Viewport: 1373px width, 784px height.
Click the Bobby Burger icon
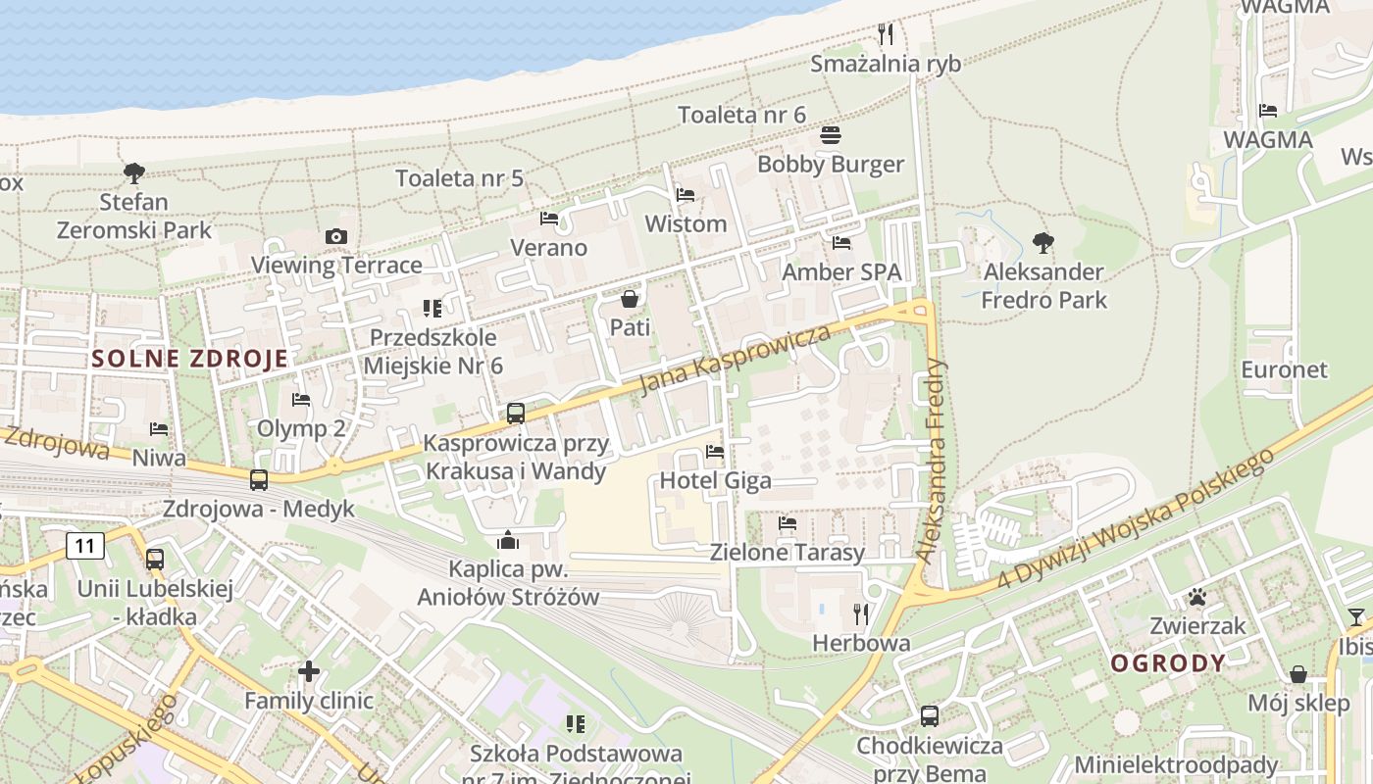(x=831, y=134)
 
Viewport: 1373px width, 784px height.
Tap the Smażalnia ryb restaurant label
(x=886, y=64)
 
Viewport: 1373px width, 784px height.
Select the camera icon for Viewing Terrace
(x=336, y=236)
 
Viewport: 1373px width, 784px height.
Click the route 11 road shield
(x=86, y=545)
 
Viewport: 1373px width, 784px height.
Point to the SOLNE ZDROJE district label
(x=190, y=358)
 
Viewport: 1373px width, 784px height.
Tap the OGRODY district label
(x=1168, y=662)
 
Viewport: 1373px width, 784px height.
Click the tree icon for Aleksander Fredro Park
(x=1043, y=242)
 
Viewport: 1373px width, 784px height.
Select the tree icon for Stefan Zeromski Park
(x=134, y=173)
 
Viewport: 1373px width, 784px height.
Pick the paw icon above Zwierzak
(x=1197, y=596)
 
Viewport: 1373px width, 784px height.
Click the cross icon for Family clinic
(x=309, y=671)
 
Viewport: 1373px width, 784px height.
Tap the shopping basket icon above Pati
(x=630, y=298)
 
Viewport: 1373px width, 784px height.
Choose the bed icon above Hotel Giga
(x=715, y=452)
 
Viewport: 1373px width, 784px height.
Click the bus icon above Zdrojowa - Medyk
(x=259, y=480)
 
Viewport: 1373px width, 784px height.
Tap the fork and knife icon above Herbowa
(x=861, y=614)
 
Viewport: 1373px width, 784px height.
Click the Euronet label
(x=1284, y=369)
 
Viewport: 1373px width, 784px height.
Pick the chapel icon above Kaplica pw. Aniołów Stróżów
(x=508, y=540)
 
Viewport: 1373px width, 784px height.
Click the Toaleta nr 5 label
(x=459, y=178)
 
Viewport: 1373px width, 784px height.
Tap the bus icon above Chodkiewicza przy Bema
(x=930, y=716)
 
